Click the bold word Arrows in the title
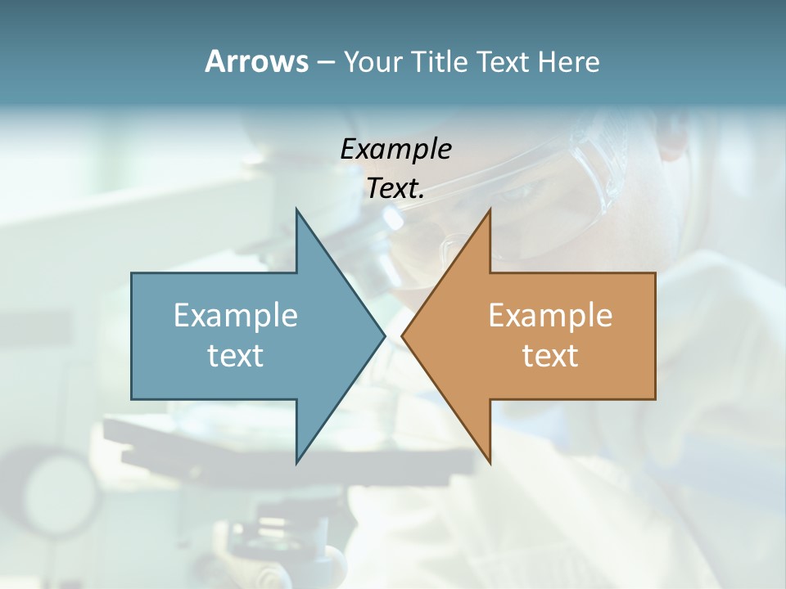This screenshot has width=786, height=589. [x=256, y=61]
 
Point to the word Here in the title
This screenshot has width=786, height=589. [x=569, y=61]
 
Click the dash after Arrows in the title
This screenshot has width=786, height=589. [x=325, y=62]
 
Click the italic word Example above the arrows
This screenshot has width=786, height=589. [x=396, y=149]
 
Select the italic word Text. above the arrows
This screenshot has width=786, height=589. [x=396, y=188]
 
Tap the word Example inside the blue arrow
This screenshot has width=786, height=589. [x=236, y=316]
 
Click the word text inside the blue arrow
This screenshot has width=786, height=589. [x=236, y=355]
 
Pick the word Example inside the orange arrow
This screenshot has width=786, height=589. [x=550, y=316]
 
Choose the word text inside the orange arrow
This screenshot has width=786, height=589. [x=550, y=355]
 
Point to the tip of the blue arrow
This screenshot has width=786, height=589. [x=386, y=335]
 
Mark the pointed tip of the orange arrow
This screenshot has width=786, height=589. [x=401, y=335]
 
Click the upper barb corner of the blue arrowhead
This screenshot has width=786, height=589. [x=296, y=209]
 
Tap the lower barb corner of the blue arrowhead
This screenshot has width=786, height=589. [x=296, y=464]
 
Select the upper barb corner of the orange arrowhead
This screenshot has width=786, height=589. [x=490, y=209]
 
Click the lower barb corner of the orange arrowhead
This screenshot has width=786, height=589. [x=490, y=464]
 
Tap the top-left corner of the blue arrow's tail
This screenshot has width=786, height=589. [x=132, y=273]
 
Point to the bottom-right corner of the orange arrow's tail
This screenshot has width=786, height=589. [x=655, y=399]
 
